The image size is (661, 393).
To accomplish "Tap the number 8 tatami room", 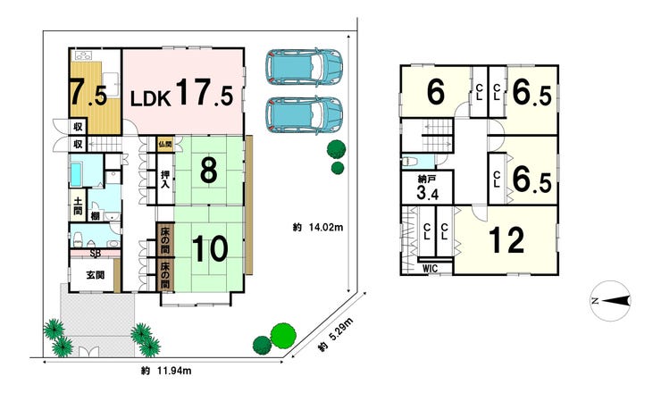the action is click(x=209, y=171).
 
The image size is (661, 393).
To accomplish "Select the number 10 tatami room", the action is click(x=210, y=249).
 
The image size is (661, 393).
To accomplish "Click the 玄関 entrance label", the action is click(x=96, y=275).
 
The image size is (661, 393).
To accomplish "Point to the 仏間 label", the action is click(x=165, y=144).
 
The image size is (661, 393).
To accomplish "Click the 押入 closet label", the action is click(x=165, y=180).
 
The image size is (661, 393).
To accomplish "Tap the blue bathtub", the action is click(x=76, y=174).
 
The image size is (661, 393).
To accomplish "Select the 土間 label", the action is click(x=78, y=205).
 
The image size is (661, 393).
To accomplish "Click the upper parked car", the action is click(x=304, y=67).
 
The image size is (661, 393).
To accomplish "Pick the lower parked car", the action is click(x=304, y=115).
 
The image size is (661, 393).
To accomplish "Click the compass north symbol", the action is click(x=610, y=301).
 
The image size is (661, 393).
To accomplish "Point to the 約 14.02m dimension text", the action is click(x=318, y=228).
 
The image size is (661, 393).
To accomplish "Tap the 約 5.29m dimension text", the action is click(x=336, y=335).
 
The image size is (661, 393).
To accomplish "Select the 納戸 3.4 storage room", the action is click(x=427, y=188).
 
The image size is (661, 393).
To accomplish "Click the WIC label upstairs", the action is click(x=430, y=269).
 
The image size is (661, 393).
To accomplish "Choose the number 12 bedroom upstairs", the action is click(x=506, y=240).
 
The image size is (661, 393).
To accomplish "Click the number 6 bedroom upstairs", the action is click(x=436, y=92).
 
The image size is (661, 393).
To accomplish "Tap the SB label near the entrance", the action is click(x=96, y=254).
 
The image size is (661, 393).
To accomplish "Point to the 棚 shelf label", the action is click(x=96, y=216).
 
